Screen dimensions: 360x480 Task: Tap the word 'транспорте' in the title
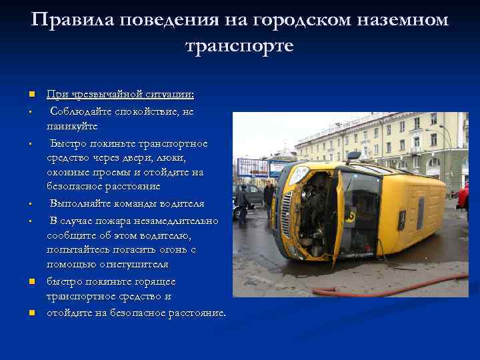tap(239, 47)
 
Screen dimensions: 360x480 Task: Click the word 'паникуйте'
tap(72, 126)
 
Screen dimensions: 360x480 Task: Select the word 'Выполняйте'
tap(83, 203)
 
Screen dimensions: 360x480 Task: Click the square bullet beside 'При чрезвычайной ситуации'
tap(31, 95)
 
